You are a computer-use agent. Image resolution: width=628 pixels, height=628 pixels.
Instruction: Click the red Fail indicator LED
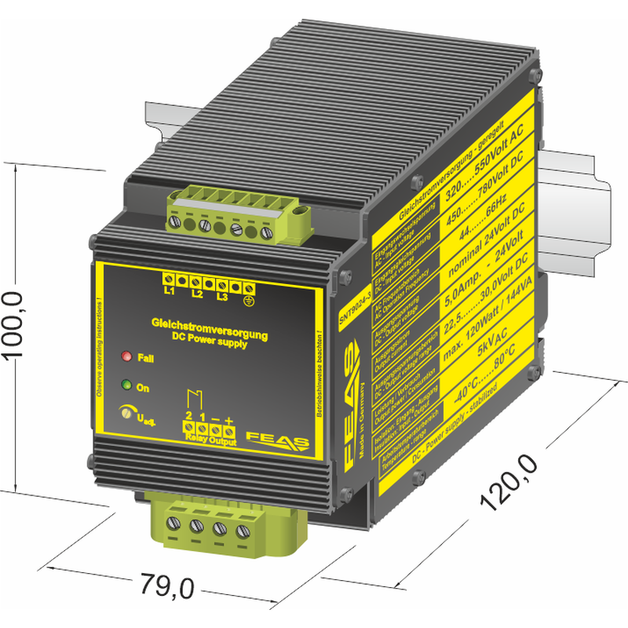(x=126, y=357)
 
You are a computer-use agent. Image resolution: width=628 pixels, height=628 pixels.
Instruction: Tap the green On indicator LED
(x=126, y=385)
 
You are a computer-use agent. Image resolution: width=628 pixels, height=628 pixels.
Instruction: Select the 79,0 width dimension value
(x=166, y=585)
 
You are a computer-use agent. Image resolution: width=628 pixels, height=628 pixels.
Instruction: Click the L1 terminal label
(x=169, y=291)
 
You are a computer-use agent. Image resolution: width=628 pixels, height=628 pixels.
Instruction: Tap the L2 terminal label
(x=197, y=294)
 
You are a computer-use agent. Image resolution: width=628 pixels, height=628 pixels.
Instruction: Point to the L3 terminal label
(x=222, y=297)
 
